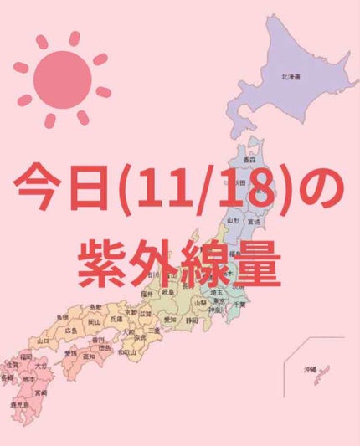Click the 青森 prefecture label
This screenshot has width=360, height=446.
click(249, 157)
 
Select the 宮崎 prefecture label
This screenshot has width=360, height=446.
click(40, 392)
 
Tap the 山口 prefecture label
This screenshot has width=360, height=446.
click(44, 341)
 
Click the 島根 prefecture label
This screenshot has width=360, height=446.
click(62, 318)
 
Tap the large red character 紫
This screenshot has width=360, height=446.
click(105, 261)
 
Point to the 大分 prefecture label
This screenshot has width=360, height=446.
click(41, 367)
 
